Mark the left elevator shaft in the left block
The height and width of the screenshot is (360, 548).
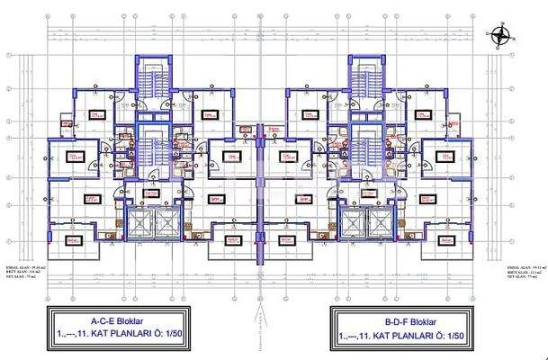pos(139,222)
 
